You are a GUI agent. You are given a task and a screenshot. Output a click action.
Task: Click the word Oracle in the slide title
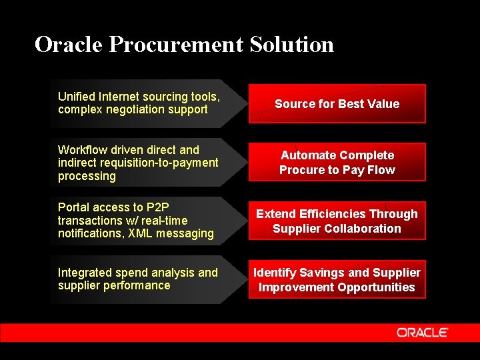(69, 45)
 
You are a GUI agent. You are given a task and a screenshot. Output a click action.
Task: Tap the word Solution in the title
(292, 45)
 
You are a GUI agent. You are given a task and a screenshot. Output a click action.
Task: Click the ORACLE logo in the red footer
(422, 332)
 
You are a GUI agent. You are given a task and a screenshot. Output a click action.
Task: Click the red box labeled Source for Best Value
(337, 103)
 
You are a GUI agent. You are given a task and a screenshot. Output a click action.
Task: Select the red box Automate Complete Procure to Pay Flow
(337, 162)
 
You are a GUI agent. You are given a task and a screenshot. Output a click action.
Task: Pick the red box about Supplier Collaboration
(337, 221)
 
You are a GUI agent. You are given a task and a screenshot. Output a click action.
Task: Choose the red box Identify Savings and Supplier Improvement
(337, 279)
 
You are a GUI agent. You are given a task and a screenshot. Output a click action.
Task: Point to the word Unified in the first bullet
(76, 97)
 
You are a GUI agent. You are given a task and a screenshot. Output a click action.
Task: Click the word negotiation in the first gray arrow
(134, 109)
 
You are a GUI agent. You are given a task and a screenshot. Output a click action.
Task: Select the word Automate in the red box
(309, 155)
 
